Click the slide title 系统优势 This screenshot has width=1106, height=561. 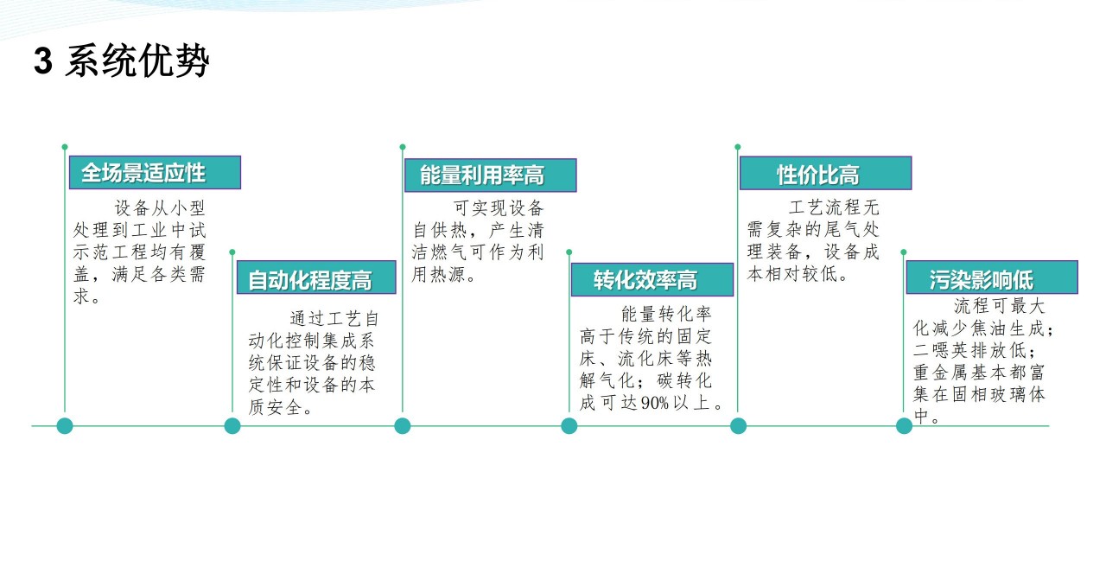137,61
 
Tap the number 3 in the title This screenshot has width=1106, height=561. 43,61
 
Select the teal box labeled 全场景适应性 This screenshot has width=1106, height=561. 155,172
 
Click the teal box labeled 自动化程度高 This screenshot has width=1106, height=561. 316,277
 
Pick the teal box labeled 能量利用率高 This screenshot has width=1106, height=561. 490,175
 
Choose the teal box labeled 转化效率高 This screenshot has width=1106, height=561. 652,279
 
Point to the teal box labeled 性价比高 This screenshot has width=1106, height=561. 825,173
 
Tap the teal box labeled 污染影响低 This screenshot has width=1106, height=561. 992,277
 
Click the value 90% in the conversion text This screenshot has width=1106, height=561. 655,403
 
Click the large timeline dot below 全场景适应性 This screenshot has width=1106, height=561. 65,425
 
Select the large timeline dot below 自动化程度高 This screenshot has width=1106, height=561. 232,425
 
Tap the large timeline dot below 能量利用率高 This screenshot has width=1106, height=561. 403,425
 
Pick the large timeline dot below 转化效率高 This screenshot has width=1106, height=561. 569,425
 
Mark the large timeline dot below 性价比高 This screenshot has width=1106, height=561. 738,425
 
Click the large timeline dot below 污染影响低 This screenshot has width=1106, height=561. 904,425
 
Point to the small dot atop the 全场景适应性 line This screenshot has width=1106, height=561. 65,147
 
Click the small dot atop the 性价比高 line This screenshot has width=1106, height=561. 738,147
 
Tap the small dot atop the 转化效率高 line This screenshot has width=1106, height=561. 569,252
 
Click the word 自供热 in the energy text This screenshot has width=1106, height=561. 440,230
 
